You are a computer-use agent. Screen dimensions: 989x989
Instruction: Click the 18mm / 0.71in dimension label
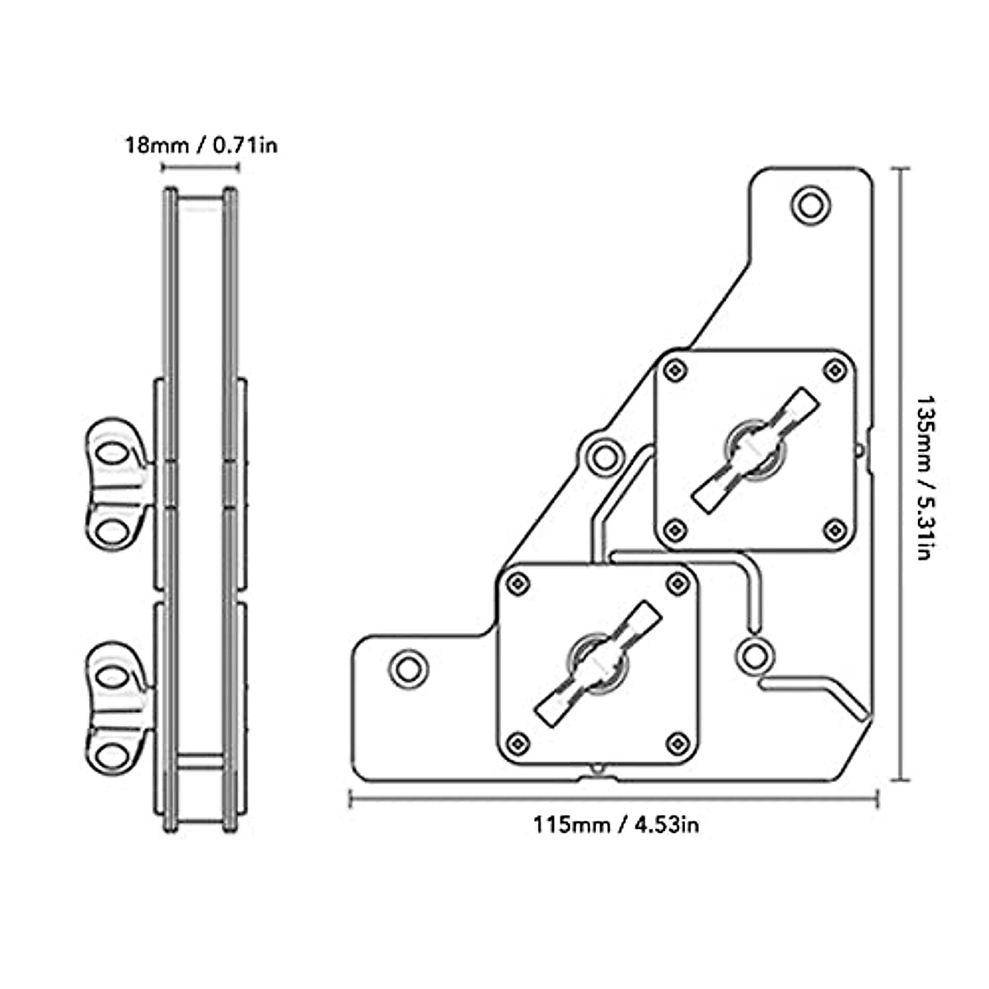(201, 146)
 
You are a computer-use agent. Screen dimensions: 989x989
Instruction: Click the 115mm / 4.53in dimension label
(616, 823)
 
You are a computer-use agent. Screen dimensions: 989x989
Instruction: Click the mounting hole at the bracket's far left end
(406, 668)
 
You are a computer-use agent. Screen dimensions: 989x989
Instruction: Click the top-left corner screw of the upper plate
(676, 368)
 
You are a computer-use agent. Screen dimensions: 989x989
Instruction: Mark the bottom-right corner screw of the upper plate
(837, 528)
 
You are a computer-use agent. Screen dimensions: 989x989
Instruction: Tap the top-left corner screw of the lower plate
(518, 582)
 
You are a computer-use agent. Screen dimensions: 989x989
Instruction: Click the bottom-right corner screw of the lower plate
(677, 741)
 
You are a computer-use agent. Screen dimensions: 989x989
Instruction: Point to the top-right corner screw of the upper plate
(837, 368)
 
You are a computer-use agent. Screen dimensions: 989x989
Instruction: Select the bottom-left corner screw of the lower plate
(518, 741)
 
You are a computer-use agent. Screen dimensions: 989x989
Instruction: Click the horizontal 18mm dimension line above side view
(200, 168)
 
